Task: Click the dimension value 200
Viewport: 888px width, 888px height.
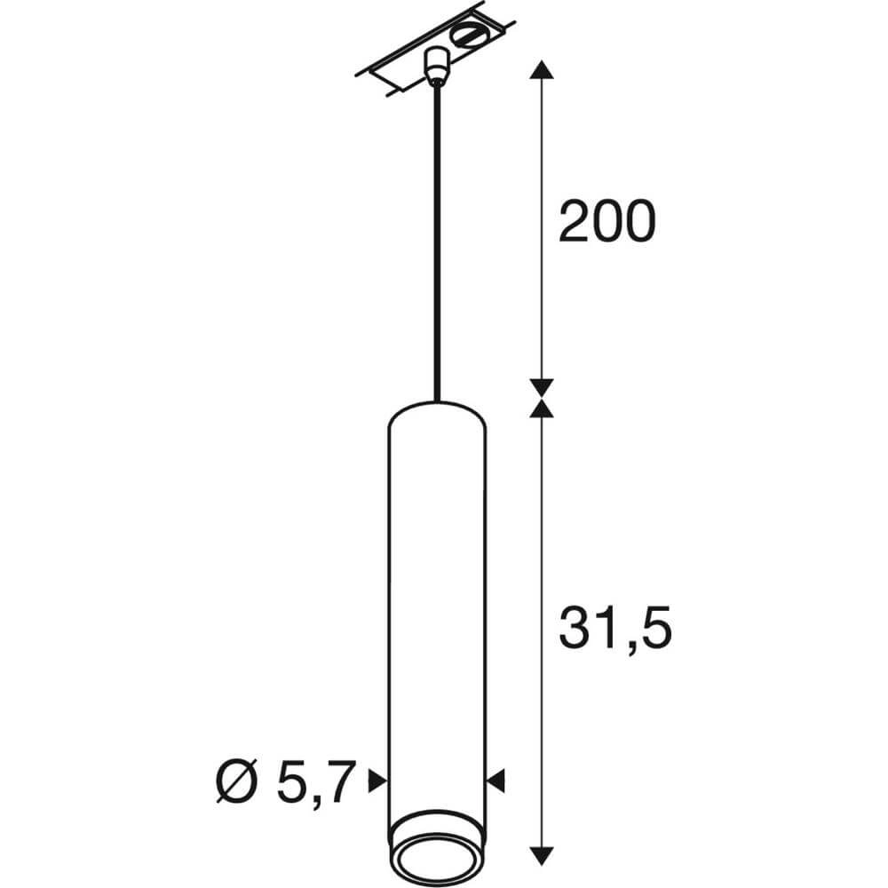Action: (x=606, y=222)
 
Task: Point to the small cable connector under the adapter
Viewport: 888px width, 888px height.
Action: (x=435, y=65)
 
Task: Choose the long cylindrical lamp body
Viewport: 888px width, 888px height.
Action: (x=436, y=604)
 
